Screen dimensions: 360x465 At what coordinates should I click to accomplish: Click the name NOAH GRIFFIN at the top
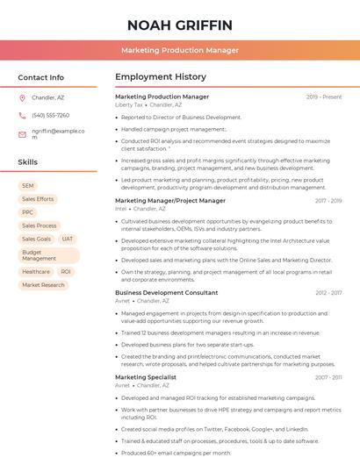[179, 25]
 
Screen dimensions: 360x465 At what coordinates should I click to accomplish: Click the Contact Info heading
[40, 77]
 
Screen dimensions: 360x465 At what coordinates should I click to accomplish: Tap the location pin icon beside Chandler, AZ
[22, 98]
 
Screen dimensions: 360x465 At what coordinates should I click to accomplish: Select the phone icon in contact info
[22, 116]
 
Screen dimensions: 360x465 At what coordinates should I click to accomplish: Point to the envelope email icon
[22, 133]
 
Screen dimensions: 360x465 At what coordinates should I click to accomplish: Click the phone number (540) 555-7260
[50, 116]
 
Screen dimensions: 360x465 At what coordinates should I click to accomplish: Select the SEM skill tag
[28, 186]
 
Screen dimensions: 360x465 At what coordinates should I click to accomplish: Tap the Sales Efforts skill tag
[38, 199]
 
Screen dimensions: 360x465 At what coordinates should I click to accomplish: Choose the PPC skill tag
[28, 212]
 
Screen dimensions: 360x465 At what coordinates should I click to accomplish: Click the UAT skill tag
[68, 239]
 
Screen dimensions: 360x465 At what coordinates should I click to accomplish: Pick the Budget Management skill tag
[40, 255]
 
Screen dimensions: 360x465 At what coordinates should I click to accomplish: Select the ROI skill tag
[66, 272]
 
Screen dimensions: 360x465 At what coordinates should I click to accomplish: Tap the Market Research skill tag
[43, 285]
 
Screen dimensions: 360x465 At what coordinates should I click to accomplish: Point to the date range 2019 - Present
[324, 97]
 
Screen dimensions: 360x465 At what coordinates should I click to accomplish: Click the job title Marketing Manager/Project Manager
[169, 201]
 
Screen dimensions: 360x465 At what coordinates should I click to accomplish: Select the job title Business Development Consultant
[166, 292]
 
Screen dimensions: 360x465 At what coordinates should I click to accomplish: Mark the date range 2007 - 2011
[328, 377]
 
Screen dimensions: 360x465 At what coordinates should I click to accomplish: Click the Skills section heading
[28, 162]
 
